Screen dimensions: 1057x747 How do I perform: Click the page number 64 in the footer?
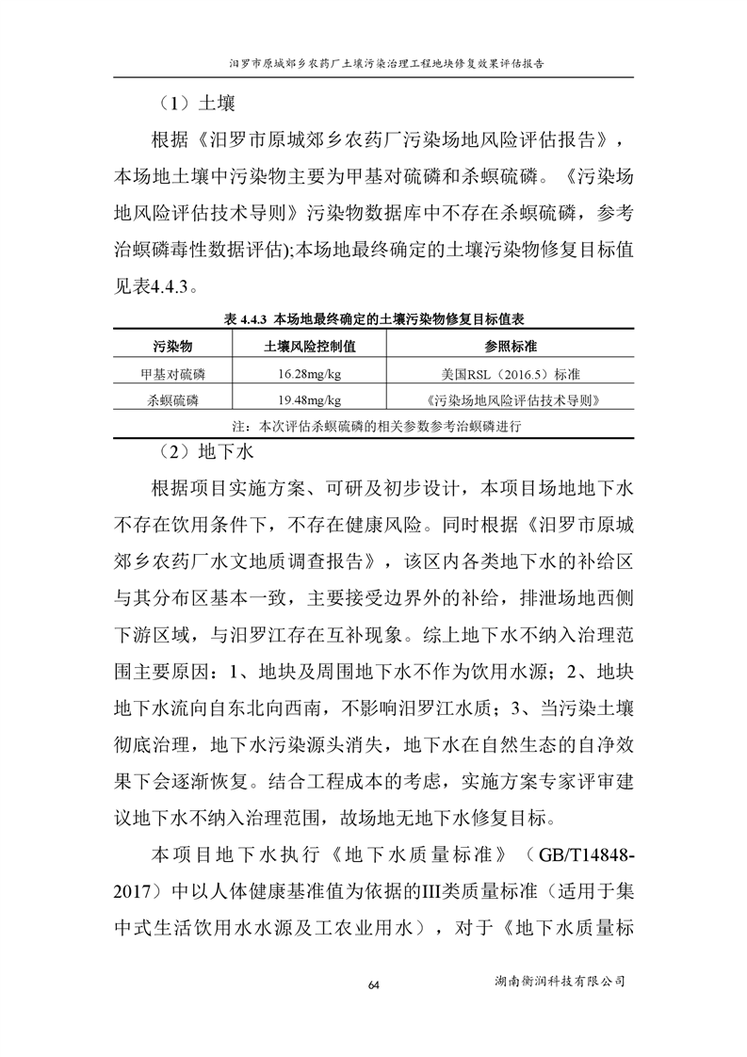tap(373, 984)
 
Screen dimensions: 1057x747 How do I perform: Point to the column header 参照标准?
tap(511, 347)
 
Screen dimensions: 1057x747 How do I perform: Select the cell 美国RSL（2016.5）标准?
tap(511, 374)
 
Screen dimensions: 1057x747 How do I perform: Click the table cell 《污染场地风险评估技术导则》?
tap(511, 399)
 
